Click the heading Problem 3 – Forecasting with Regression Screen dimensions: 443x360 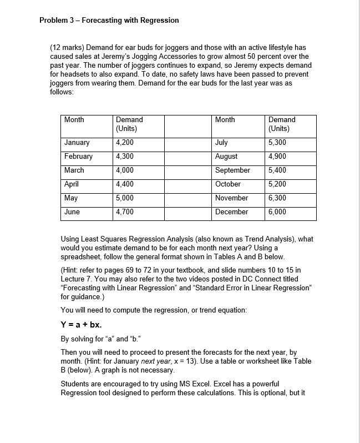click(109, 20)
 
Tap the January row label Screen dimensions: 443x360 click(77, 143)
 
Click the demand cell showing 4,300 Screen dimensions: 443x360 click(125, 157)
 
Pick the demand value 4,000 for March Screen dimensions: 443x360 click(125, 170)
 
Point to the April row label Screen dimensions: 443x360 click(72, 184)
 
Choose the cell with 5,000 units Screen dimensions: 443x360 click(125, 198)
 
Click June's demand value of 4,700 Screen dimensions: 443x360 click(125, 212)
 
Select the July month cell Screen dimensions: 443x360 click(221, 143)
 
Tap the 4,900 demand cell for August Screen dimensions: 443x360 click(277, 157)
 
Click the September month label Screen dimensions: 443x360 click(232, 170)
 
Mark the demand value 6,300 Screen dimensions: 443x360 click(277, 198)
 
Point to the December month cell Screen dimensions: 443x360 click(231, 212)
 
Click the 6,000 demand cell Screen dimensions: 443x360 click(277, 212)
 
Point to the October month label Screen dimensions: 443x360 click(228, 184)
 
